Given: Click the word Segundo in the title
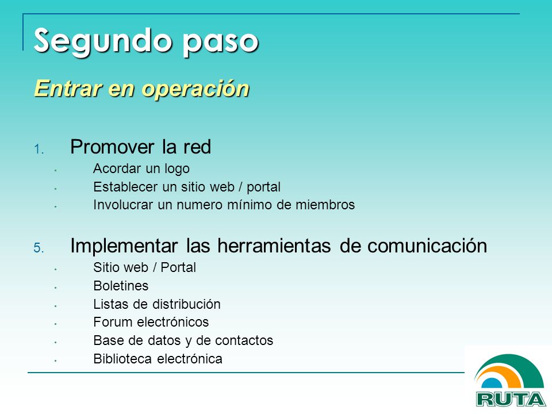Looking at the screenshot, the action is (103, 42).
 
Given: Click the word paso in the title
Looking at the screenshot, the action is (220, 43).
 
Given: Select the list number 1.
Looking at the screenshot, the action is (39, 149).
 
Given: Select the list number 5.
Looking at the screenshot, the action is (39, 248).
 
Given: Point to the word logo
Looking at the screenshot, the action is (177, 169).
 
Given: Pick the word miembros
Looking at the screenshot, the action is (325, 205).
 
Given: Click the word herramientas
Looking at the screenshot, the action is (274, 246).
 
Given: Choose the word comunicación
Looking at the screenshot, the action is (427, 246).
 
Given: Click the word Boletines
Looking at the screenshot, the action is (121, 286).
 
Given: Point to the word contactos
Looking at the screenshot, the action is (244, 340).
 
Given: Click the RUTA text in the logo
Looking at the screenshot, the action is (511, 399).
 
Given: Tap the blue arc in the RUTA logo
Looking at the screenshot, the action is (493, 384).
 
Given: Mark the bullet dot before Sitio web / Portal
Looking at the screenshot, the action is (56, 269).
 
